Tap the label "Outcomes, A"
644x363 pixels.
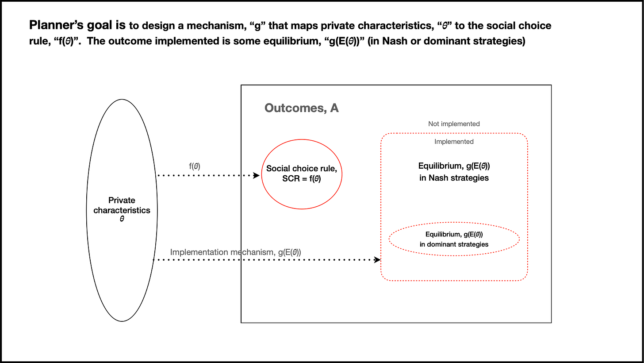301,108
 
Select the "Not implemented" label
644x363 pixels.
454,124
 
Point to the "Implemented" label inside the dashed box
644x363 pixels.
454,142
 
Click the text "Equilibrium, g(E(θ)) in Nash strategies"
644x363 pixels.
454,172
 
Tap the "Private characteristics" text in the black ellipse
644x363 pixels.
122,205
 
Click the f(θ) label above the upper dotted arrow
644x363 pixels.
194,166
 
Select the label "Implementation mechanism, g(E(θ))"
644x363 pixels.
235,252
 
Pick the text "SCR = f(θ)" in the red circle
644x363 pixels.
302,178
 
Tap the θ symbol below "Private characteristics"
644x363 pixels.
122,218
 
